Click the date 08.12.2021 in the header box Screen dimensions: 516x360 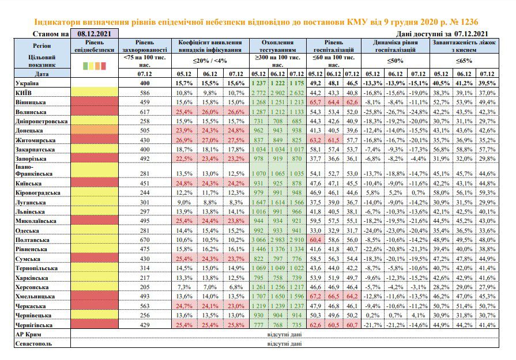coord(94,33)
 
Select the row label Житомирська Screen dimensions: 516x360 coord(35,141)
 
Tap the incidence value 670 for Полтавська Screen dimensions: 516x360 coord(145,240)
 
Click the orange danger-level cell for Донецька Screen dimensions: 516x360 coord(95,131)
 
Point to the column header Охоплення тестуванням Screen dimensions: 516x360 coord(277,46)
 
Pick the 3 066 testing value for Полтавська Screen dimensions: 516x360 coord(259,240)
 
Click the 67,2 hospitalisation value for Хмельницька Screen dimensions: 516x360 coord(315,297)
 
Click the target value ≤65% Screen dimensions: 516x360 coord(464,61)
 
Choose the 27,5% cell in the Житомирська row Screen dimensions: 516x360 coord(236,141)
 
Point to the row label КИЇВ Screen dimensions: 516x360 coord(24,93)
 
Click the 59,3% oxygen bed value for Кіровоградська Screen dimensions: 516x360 coord(487,192)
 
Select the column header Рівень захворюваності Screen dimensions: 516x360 coord(145,46)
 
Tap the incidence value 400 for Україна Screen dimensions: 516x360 coord(145,84)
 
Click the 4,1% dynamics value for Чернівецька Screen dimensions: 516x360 coord(418,315)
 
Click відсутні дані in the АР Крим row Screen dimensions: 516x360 coord(284,335)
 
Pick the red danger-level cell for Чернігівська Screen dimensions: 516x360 coord(95,324)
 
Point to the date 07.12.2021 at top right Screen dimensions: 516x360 coord(471,33)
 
